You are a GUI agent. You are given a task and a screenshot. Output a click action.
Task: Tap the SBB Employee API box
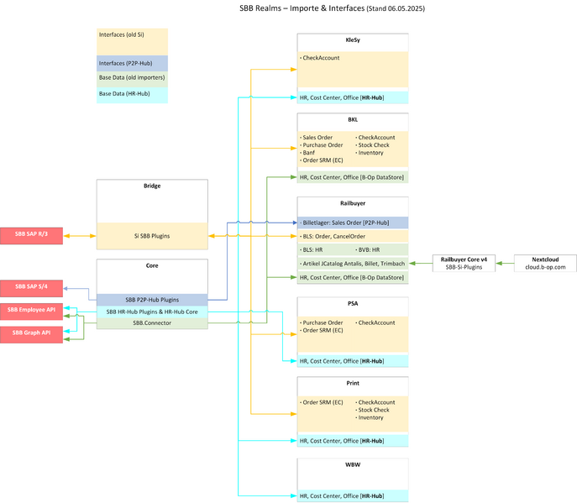pyautogui.click(x=31, y=310)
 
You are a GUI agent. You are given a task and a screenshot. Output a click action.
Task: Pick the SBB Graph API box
pyautogui.click(x=31, y=333)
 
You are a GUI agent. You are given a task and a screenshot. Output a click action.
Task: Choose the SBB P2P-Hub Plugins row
pyautogui.click(x=152, y=300)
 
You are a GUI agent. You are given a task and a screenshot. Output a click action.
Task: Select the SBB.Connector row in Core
pyautogui.click(x=152, y=322)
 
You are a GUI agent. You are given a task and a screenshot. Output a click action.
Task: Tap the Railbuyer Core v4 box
pyautogui.click(x=463, y=263)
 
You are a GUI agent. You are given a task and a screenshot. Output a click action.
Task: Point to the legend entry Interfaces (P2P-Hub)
pyautogui.click(x=132, y=63)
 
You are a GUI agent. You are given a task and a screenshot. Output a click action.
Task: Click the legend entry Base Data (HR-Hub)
pyautogui.click(x=132, y=94)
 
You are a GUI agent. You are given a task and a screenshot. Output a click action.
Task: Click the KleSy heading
pyautogui.click(x=353, y=39)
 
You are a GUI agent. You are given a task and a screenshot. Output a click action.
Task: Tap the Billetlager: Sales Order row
pyautogui.click(x=353, y=223)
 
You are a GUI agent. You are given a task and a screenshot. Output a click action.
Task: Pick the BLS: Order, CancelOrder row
pyautogui.click(x=353, y=237)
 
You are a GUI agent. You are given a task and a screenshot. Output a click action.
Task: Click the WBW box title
pyautogui.click(x=353, y=464)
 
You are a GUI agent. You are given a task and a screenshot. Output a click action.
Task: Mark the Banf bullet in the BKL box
pyautogui.click(x=309, y=153)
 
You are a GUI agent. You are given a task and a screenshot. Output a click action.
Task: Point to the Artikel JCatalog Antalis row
pyautogui.click(x=353, y=264)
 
